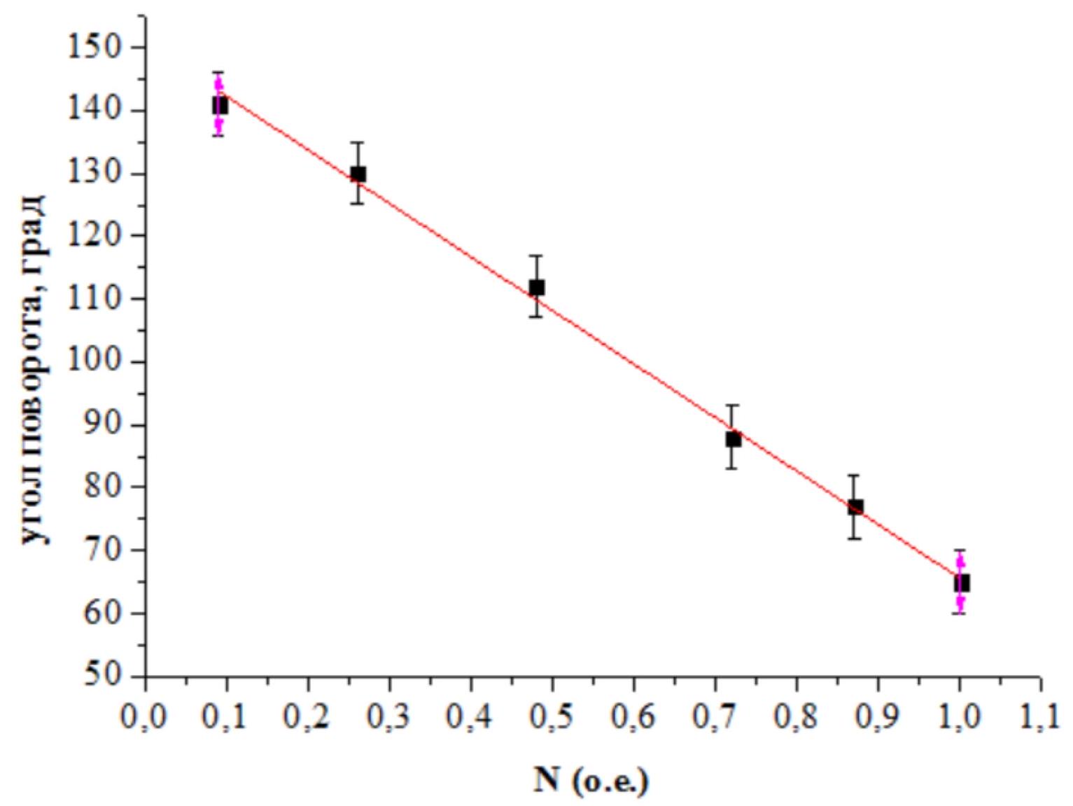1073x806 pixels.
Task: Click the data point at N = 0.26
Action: (x=358, y=174)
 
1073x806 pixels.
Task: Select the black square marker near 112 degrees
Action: (x=537, y=287)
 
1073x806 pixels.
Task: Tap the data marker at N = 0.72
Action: (x=734, y=438)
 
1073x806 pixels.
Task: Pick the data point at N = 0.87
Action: (x=855, y=507)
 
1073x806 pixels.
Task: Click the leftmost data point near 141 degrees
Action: (x=220, y=105)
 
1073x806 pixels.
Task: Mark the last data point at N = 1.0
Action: (x=962, y=583)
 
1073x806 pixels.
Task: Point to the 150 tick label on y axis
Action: (x=98, y=48)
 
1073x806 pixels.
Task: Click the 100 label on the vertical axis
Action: (x=98, y=363)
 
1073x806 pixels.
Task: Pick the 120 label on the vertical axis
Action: (x=98, y=236)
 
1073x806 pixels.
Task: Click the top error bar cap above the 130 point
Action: (x=358, y=142)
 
